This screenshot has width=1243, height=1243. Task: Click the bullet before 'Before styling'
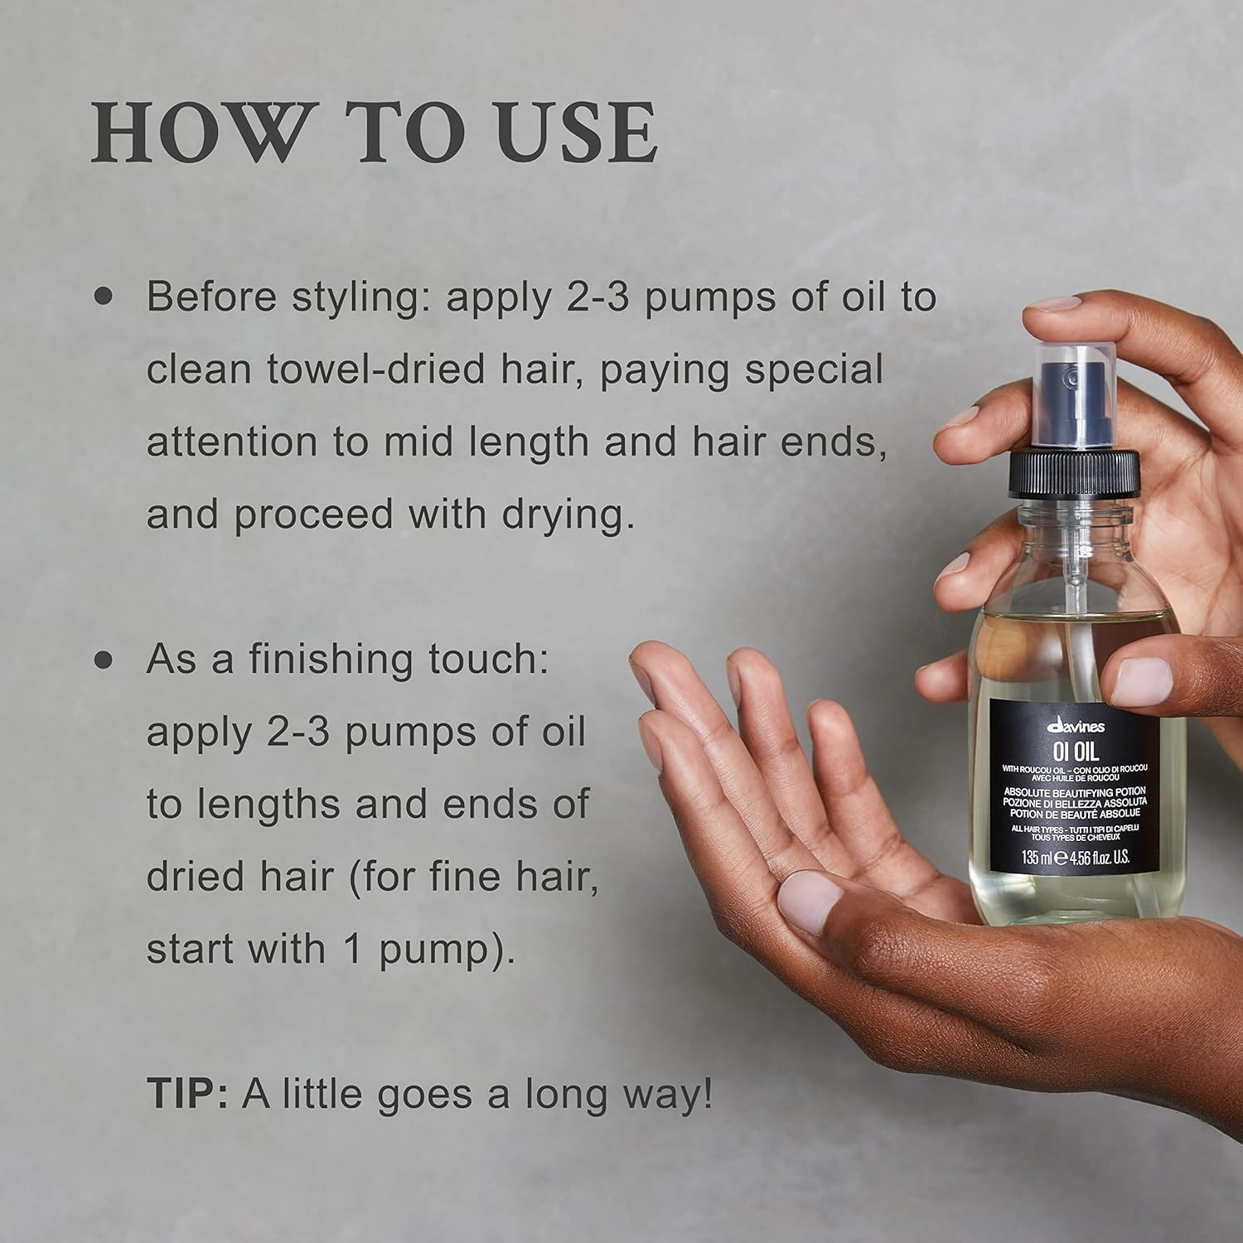coord(103,297)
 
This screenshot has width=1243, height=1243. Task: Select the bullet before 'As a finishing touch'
coord(103,660)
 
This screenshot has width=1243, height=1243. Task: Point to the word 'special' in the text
coord(813,370)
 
